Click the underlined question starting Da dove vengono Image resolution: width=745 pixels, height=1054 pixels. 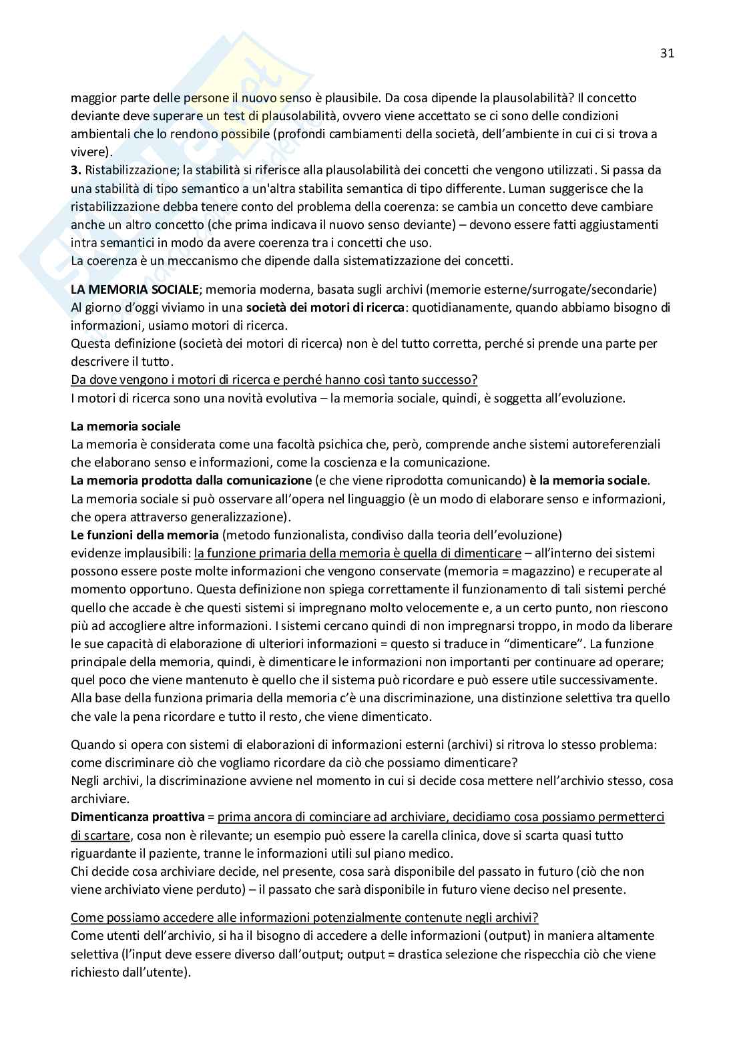point(274,380)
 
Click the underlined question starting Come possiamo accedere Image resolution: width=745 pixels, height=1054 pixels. point(304,917)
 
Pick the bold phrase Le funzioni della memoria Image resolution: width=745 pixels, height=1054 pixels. point(145,535)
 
